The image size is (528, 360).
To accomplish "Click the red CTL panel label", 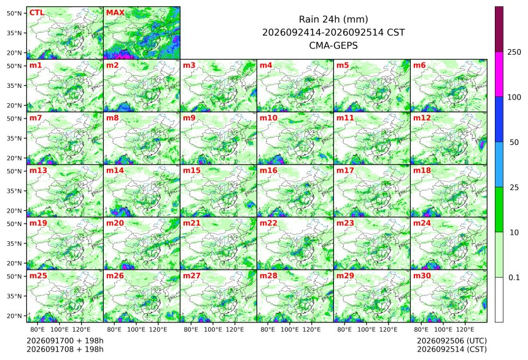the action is tap(37, 13).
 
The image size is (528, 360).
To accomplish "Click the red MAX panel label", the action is tap(115, 13).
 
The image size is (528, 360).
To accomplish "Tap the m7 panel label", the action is tap(36, 118).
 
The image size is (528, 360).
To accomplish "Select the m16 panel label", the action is tap(268, 171).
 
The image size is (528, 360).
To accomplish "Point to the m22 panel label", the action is tap(268, 223).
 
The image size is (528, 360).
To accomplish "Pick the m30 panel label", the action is tap(422, 276).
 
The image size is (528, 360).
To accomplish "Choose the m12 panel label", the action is tap(422, 118).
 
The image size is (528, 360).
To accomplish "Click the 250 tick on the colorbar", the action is tap(514, 52).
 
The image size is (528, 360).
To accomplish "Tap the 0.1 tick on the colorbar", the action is tap(514, 278).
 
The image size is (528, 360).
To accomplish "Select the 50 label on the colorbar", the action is tap(514, 143).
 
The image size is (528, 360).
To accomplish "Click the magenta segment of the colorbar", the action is tap(499, 74).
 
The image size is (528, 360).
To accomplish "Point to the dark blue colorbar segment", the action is tap(499, 120).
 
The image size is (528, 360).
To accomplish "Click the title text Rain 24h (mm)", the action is tap(333, 20).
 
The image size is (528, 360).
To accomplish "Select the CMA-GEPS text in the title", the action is tap(333, 45).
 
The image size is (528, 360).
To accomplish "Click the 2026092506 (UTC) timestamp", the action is tap(452, 341).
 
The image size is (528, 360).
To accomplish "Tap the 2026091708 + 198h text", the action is tap(65, 349).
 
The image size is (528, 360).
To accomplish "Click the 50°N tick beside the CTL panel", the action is tap(14, 13).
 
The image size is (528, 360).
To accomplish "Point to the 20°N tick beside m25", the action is tap(14, 316).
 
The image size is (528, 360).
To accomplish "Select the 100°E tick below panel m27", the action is tap(213, 329).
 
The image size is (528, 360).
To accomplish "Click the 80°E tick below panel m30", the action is tap(421, 329).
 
